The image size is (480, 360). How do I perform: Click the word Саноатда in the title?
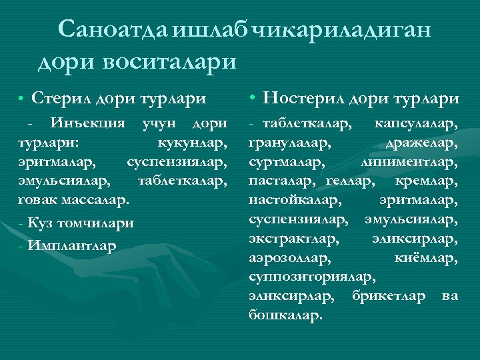click(113, 29)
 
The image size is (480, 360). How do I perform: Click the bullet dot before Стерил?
click(21, 99)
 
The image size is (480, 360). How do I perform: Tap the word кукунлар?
click(192, 143)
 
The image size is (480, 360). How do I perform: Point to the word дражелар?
click(422, 143)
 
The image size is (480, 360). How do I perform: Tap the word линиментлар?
click(409, 161)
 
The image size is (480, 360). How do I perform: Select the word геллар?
click(351, 181)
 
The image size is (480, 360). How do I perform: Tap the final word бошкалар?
click(285, 313)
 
